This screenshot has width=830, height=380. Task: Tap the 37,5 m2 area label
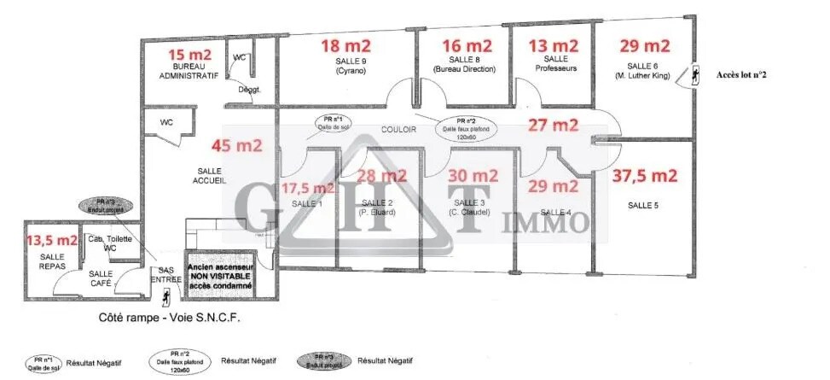tap(645, 176)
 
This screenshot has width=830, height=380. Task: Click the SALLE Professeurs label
tap(555, 63)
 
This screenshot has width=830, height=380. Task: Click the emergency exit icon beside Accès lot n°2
tap(694, 74)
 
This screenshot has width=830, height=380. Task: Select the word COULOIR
tap(398, 129)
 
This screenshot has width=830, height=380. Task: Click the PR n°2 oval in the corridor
tap(466, 129)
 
